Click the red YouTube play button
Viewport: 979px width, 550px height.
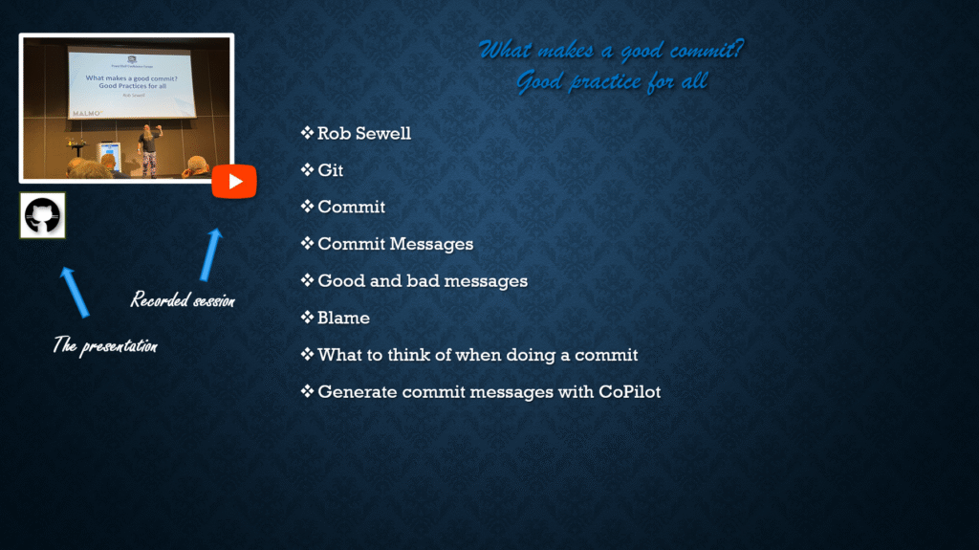click(x=234, y=181)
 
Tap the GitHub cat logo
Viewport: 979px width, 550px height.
click(x=42, y=215)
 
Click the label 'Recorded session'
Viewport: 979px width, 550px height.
click(x=183, y=300)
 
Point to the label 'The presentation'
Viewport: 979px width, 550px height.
click(x=105, y=345)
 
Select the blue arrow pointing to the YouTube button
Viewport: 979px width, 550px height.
click(x=211, y=254)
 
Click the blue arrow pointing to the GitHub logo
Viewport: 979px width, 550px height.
click(x=75, y=292)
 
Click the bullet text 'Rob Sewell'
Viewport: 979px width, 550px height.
click(x=364, y=133)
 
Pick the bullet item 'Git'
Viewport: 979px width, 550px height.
click(x=330, y=170)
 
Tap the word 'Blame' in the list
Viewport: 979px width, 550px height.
click(x=343, y=318)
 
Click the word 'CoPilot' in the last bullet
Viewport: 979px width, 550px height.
click(x=629, y=392)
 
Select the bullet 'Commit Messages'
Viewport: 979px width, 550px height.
click(x=395, y=244)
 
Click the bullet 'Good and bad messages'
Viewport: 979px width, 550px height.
click(x=423, y=280)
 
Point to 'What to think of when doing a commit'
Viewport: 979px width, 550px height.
click(x=478, y=355)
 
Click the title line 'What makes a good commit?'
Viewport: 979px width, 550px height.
click(x=611, y=50)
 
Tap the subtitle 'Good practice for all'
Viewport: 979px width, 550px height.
click(x=612, y=81)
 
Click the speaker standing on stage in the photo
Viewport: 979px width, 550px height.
click(x=149, y=150)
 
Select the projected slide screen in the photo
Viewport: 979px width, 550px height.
click(x=131, y=83)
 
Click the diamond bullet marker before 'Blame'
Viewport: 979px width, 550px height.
click(x=307, y=317)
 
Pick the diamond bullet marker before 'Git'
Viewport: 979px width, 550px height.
click(x=307, y=169)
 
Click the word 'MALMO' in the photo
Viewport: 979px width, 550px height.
click(x=86, y=114)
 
